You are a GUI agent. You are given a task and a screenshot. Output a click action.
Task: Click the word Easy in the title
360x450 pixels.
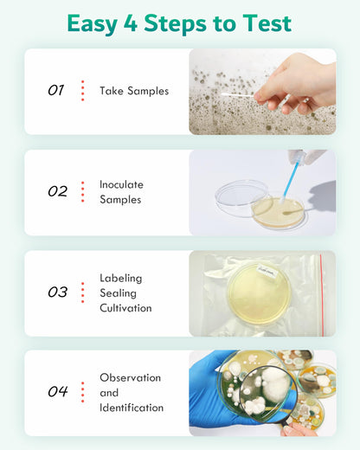pos(92,24)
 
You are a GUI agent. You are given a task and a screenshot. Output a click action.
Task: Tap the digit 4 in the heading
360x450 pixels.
pos(131,23)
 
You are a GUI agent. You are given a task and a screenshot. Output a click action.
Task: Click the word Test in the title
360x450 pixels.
pos(267,23)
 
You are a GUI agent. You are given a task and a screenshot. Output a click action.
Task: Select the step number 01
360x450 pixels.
pos(55,91)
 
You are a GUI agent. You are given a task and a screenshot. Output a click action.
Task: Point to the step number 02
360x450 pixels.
pos(57,191)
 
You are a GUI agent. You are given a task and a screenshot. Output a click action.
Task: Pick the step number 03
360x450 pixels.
pos(57,292)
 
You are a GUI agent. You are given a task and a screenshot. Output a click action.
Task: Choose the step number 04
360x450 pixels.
pos(58,391)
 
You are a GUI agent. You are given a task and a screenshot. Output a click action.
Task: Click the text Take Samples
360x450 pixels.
pos(134,91)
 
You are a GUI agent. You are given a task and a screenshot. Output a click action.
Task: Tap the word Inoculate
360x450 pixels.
pos(121,184)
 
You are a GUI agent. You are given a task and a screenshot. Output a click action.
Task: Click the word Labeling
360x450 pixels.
pos(121,279)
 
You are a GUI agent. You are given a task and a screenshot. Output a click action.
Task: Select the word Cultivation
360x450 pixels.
pos(125,308)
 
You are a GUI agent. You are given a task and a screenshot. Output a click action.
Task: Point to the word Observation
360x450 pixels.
pos(131,377)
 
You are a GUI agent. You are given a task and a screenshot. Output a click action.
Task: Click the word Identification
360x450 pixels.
pos(132,408)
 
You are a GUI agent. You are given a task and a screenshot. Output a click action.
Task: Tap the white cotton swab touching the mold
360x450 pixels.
pos(238,94)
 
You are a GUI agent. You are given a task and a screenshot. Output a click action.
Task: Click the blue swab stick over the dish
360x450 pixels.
pos(292,181)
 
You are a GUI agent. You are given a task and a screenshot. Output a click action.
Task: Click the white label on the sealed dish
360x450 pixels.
pos(267,271)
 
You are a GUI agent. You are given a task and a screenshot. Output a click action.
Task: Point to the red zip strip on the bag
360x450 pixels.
pos(321,295)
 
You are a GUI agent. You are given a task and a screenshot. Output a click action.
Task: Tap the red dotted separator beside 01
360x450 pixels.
pos(83,91)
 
